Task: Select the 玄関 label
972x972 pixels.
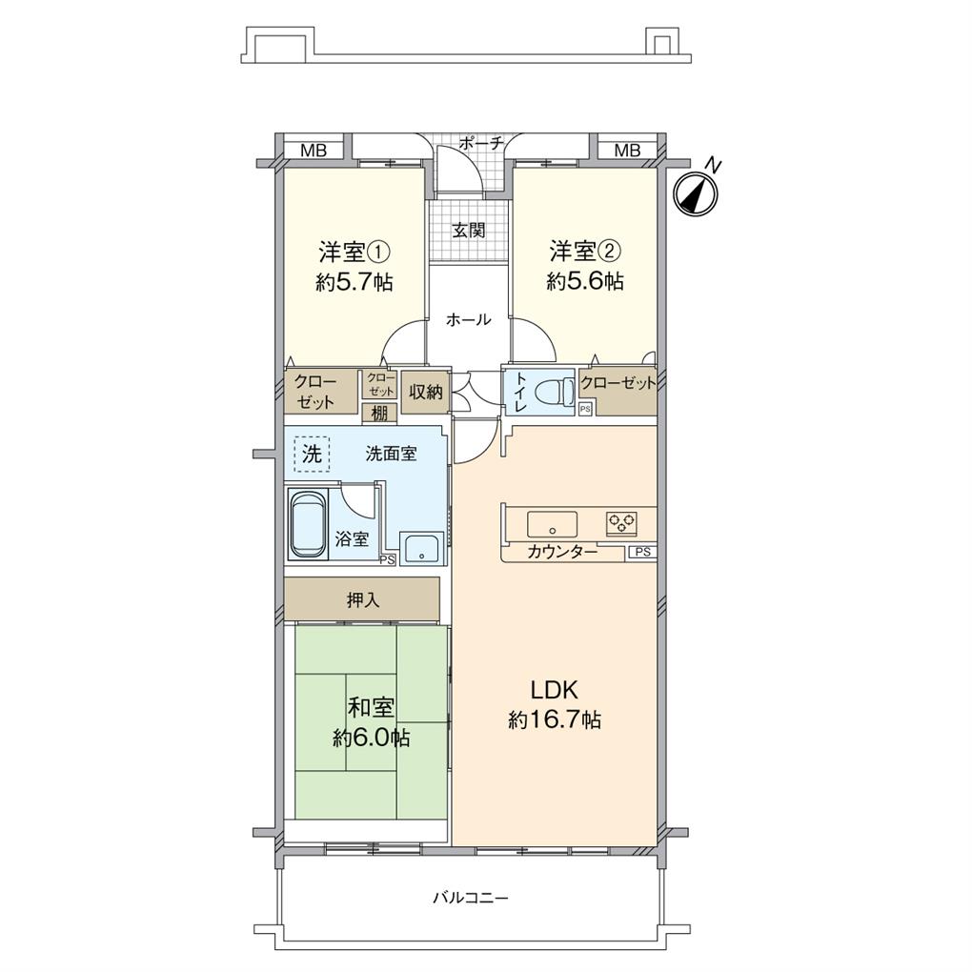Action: click(468, 230)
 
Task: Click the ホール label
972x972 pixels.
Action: click(469, 320)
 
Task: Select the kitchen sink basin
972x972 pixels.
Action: click(552, 525)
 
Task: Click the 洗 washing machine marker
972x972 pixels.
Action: click(311, 454)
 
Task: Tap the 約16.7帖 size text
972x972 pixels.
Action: click(555, 720)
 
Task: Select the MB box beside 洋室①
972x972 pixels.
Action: click(314, 150)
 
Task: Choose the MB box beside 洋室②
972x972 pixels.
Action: click(626, 150)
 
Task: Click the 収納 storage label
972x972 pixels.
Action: click(425, 392)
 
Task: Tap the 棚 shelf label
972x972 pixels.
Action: click(379, 414)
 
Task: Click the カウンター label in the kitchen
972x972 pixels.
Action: click(562, 553)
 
